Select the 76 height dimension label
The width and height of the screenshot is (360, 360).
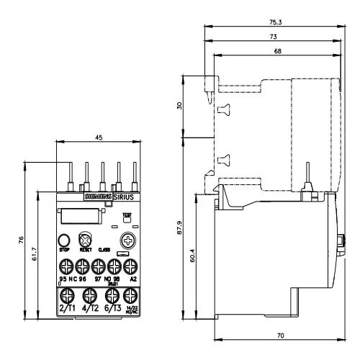click(x=22, y=239)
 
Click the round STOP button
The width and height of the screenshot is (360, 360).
click(x=63, y=240)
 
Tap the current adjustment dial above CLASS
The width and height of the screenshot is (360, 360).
click(x=129, y=240)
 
